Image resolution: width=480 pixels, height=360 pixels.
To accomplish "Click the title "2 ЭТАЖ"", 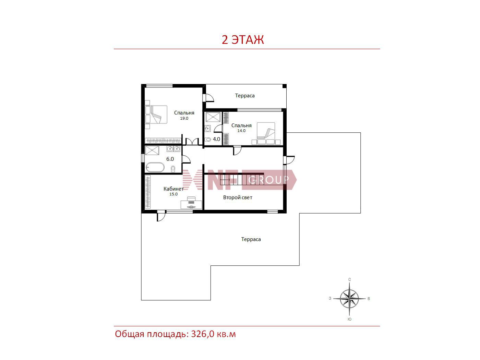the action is pyautogui.click(x=243, y=40).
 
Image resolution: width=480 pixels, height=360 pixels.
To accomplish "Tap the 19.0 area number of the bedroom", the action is pyautogui.click(x=184, y=118).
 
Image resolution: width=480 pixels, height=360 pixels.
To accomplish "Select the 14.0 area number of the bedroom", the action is pyautogui.click(x=241, y=131).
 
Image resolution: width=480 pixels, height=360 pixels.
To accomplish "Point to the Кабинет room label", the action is pyautogui.click(x=173, y=189).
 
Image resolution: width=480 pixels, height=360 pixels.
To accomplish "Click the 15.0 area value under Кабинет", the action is pyautogui.click(x=173, y=194).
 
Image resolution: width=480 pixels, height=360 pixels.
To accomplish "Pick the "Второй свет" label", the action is pyautogui.click(x=238, y=197).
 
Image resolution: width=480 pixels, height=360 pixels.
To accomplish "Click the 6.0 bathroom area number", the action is pyautogui.click(x=170, y=159).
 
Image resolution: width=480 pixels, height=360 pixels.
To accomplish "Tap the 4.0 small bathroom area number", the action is pyautogui.click(x=216, y=139).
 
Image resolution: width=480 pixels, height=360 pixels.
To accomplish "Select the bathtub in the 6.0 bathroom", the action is pyautogui.click(x=155, y=167).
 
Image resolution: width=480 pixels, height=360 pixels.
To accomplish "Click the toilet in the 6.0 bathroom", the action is pyautogui.click(x=173, y=169).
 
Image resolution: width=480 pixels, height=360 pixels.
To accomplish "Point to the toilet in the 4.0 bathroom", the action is pyautogui.click(x=208, y=139).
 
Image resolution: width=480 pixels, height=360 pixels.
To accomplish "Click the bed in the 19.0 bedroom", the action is pyautogui.click(x=156, y=115).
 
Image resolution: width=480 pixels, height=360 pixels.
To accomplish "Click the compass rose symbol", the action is pyautogui.click(x=349, y=299).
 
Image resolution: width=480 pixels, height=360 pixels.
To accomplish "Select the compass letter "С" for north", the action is pyautogui.click(x=349, y=279).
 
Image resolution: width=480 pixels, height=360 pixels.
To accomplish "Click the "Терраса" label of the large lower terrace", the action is pyautogui.click(x=251, y=239).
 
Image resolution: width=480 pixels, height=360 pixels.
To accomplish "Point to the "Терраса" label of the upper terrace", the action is pyautogui.click(x=245, y=96).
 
